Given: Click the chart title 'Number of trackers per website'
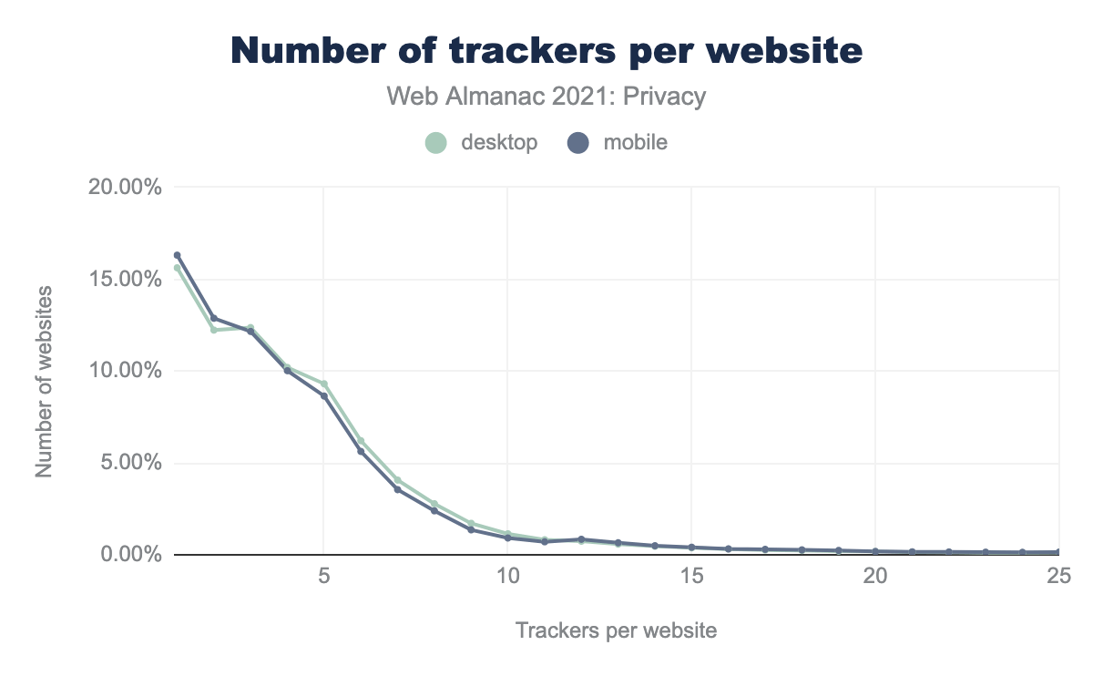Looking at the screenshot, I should tap(546, 52).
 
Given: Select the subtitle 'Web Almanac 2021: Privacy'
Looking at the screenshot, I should tap(546, 97).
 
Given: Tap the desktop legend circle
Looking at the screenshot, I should tap(436, 143).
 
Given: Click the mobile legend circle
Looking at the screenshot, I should tap(578, 143).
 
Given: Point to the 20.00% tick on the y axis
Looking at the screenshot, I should tap(127, 188).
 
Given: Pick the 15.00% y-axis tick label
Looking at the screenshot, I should tap(127, 280).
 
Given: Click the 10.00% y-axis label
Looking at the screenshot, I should tap(127, 372).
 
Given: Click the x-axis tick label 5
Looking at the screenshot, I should tap(323, 579).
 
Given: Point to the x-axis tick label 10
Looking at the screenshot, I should tap(507, 579).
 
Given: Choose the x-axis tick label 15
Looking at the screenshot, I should tap(691, 579).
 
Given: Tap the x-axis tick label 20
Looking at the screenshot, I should tap(875, 579).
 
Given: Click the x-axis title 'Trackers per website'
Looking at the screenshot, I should tap(616, 630).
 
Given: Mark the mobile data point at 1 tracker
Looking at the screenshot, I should tap(178, 255).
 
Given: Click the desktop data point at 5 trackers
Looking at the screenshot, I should tap(323, 384).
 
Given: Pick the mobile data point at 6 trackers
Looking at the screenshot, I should tap(361, 452).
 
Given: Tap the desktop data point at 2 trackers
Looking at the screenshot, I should tap(214, 330).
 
